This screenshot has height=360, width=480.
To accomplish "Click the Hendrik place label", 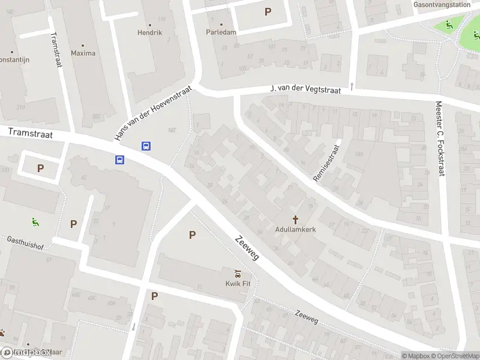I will coord(150,32).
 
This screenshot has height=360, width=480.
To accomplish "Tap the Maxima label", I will coord(83,53).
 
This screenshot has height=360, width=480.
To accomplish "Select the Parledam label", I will coord(221,32).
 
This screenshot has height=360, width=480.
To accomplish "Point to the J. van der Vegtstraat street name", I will coord(306,89).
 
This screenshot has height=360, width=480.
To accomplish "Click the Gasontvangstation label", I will coord(442,4).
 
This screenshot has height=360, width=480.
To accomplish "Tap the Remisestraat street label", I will coord(326,162).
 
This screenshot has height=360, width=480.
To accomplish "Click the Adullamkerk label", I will coord(296,229).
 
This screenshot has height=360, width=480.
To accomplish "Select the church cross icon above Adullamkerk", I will coord(296,219).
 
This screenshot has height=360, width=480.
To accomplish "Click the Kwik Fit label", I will coord(238,284).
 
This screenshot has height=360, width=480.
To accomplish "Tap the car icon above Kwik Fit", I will coord(238,274).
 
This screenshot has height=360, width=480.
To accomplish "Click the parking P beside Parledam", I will coord(268,11).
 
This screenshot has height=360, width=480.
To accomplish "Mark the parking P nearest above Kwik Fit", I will coord(192,235).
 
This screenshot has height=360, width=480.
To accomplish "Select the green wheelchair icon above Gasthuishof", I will coord(36,221).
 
